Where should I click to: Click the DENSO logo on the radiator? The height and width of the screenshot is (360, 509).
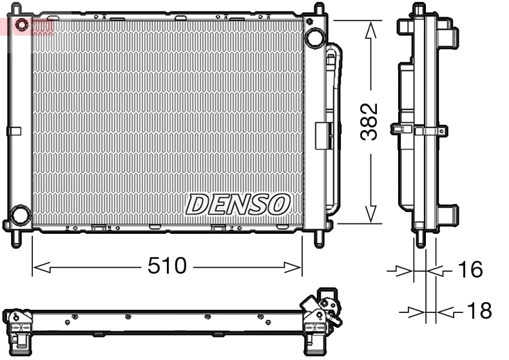click(x=237, y=204)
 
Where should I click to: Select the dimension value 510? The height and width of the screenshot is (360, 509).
click(x=167, y=265)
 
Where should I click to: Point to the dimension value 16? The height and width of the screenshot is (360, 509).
click(x=471, y=270)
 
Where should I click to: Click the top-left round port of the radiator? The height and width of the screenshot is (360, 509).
click(x=22, y=26)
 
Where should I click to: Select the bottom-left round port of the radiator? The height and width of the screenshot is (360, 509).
click(x=20, y=214)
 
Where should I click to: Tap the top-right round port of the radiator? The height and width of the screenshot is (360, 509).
click(x=315, y=37)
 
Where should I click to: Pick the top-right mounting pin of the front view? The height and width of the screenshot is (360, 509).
click(x=318, y=10)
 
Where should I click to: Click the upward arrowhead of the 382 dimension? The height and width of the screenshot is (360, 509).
click(x=370, y=29)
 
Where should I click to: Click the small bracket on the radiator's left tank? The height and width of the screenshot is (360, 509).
click(x=14, y=131)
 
